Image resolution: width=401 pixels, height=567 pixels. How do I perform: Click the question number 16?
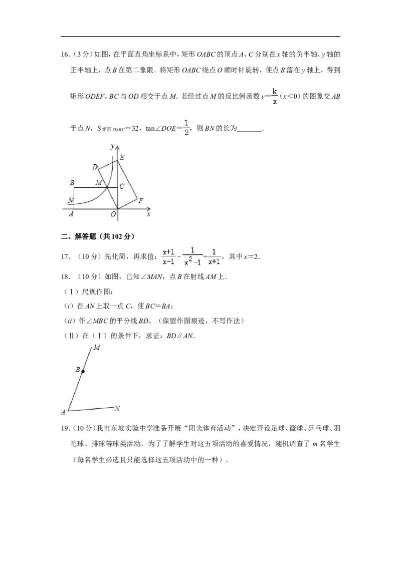pyautogui.click(x=65, y=55)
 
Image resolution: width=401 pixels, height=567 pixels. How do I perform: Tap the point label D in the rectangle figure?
pyautogui.click(x=95, y=167)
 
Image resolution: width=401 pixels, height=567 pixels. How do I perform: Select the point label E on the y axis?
pyautogui.click(x=122, y=157)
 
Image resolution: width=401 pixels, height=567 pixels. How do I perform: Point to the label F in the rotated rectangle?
pyautogui.click(x=141, y=200)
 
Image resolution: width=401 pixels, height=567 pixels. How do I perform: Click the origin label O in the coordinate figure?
pyautogui.click(x=113, y=214)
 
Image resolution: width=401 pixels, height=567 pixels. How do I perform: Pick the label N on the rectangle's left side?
pyautogui.click(x=71, y=200)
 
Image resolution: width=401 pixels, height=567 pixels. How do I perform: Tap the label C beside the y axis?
pyautogui.click(x=122, y=187)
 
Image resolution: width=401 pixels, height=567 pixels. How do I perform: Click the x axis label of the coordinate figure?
pyautogui.click(x=148, y=214)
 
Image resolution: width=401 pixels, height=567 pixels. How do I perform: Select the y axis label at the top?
pyautogui.click(x=113, y=146)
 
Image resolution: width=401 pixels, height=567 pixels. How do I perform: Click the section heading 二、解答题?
pyautogui.click(x=98, y=236)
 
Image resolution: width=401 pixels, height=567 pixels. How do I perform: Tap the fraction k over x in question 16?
pyautogui.click(x=275, y=96)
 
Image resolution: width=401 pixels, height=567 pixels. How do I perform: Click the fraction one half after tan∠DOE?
pyautogui.click(x=186, y=128)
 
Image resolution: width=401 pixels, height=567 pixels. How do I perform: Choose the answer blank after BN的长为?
pyautogui.click(x=250, y=129)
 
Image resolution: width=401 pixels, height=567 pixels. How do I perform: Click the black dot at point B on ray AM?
pyautogui.click(x=83, y=371)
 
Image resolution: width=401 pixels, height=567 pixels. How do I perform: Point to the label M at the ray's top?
pyautogui.click(x=97, y=348)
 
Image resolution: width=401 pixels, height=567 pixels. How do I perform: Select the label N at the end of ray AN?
pyautogui.click(x=117, y=409)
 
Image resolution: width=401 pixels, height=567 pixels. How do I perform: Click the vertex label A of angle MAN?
pyautogui.click(x=63, y=412)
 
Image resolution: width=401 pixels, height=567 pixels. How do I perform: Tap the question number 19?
pyautogui.click(x=65, y=428)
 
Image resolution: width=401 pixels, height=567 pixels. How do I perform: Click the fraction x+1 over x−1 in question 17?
pyautogui.click(x=168, y=256)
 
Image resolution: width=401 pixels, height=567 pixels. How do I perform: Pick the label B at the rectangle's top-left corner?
pyautogui.click(x=72, y=183)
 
